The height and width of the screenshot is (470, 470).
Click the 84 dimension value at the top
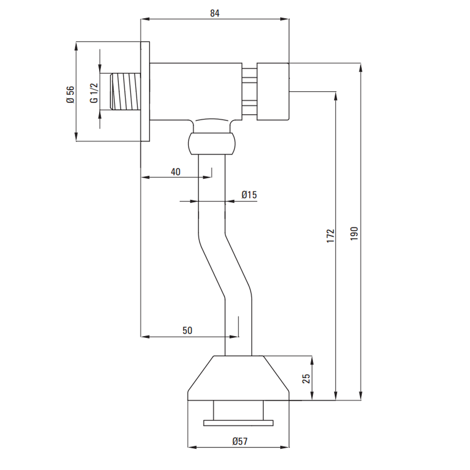click(x=215, y=13)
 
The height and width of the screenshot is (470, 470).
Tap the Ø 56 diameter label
click(x=70, y=94)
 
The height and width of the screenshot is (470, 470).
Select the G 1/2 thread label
click(x=94, y=93)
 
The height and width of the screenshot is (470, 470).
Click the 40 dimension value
click(x=175, y=172)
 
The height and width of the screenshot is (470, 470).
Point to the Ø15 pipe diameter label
click(x=249, y=195)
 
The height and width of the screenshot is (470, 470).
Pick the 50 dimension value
click(x=187, y=330)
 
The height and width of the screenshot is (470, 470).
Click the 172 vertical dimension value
click(x=330, y=235)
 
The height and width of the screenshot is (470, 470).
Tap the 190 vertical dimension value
click(x=354, y=234)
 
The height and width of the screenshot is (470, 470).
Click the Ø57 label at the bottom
click(x=240, y=441)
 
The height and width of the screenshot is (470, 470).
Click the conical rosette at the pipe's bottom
click(x=238, y=378)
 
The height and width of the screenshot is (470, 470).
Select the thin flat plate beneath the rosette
click(x=238, y=423)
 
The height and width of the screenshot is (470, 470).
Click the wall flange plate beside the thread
click(x=145, y=91)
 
